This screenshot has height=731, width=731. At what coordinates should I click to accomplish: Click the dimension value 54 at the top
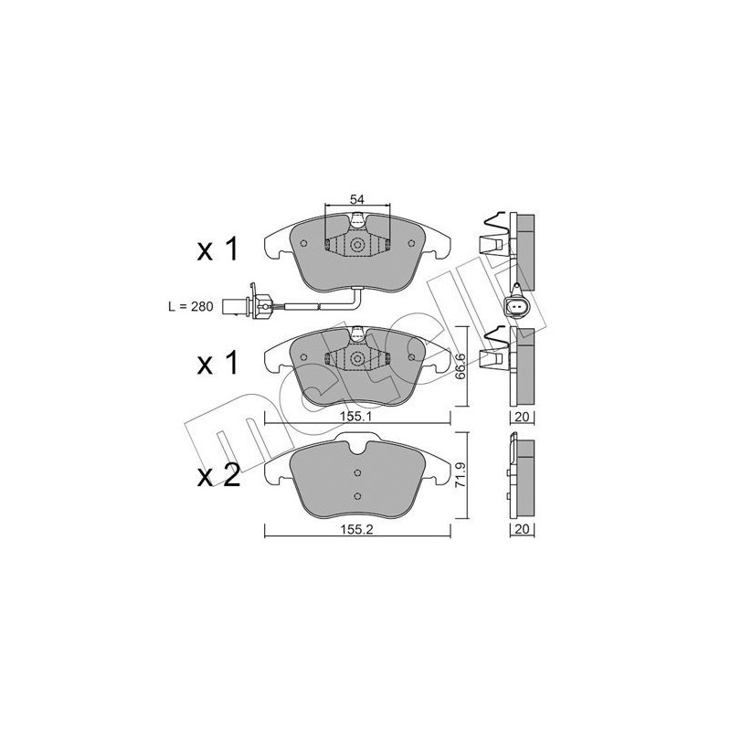coord(358,200)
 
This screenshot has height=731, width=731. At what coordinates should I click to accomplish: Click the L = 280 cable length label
coord(189,308)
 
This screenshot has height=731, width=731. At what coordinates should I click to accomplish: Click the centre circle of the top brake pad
coord(358,245)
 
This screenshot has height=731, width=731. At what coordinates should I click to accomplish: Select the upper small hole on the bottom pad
coord(358,473)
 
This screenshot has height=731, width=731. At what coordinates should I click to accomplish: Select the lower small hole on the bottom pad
coord(358,496)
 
